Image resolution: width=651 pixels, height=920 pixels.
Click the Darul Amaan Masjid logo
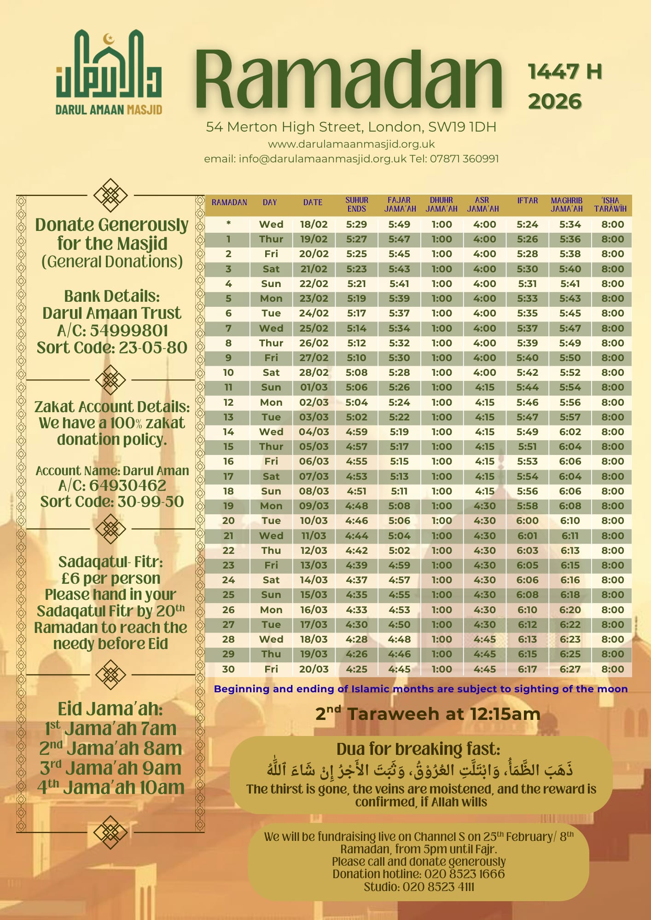109,72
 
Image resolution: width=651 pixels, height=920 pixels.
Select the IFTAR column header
527,201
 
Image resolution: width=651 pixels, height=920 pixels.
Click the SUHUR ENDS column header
357,204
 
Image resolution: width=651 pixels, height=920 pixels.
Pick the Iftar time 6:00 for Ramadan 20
527,521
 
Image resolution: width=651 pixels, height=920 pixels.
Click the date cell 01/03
314,387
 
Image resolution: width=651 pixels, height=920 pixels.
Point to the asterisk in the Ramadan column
228,224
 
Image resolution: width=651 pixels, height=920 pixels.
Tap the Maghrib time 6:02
570,432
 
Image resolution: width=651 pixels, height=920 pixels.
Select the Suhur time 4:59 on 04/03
357,432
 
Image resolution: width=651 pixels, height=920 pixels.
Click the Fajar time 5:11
399,491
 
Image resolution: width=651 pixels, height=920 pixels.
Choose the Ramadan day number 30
228,669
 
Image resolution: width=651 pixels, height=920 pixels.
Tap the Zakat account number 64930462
128,485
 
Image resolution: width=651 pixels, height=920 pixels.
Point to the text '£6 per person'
111,578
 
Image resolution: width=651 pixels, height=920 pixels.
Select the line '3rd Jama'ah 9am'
110,768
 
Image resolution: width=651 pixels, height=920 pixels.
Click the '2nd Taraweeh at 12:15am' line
428,714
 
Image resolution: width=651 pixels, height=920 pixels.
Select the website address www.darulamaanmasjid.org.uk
351,144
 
